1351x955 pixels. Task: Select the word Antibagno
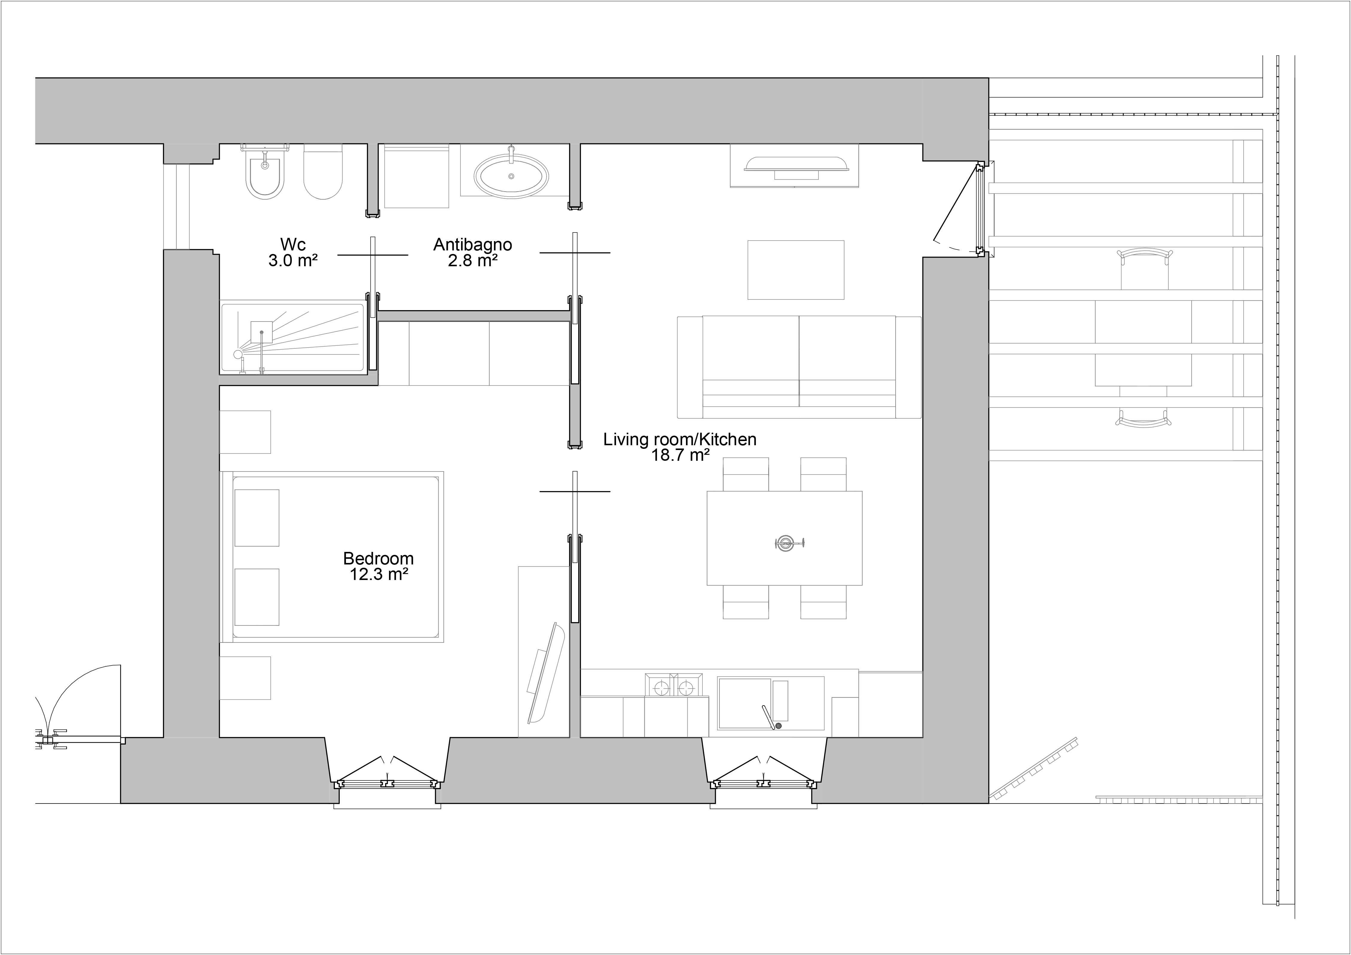[x=472, y=245]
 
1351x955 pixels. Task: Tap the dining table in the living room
[x=784, y=538]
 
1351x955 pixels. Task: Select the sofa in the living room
[x=799, y=367]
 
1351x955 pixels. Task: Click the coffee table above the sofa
[x=795, y=270]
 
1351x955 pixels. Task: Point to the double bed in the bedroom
[x=333, y=556]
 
